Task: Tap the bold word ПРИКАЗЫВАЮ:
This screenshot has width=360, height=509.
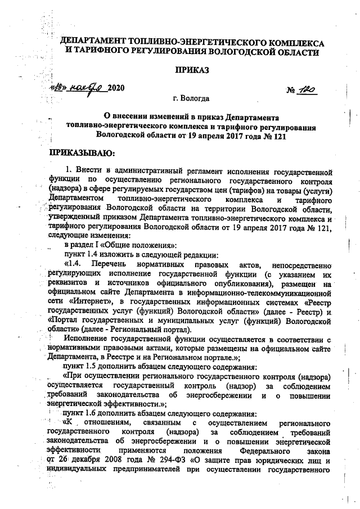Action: tap(82, 152)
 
